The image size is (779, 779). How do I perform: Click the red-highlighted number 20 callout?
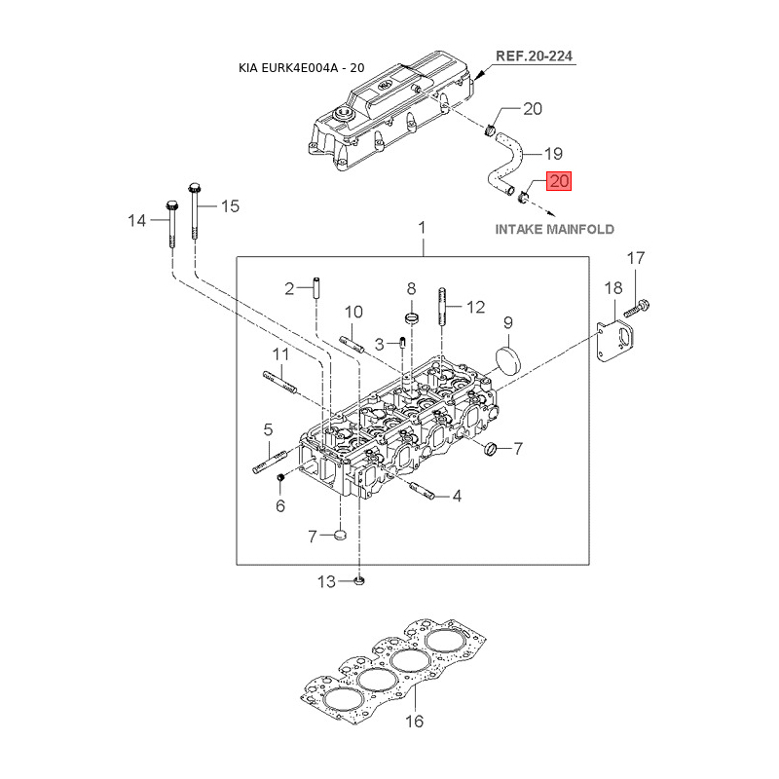(x=559, y=181)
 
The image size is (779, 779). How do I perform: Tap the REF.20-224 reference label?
(x=534, y=56)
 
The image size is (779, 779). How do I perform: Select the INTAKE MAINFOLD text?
(x=554, y=230)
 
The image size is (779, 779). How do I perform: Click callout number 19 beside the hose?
(x=553, y=154)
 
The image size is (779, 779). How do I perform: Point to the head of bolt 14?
(x=171, y=204)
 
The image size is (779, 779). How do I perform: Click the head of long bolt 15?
(x=194, y=188)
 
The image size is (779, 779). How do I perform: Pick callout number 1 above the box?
(x=422, y=228)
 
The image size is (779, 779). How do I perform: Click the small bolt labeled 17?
(x=637, y=308)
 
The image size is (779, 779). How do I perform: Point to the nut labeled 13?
(x=359, y=580)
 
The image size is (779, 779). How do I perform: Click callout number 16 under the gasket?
(x=414, y=721)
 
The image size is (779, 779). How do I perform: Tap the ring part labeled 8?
(x=412, y=317)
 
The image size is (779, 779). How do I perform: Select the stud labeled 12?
(x=442, y=307)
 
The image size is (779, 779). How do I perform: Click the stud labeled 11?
(x=279, y=382)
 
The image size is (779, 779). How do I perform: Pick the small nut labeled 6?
(x=280, y=477)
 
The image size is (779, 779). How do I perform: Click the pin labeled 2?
(x=316, y=288)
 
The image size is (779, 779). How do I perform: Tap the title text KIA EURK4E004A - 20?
(x=302, y=68)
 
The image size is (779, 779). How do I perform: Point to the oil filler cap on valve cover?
(x=343, y=113)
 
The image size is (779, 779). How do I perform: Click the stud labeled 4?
(x=423, y=491)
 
